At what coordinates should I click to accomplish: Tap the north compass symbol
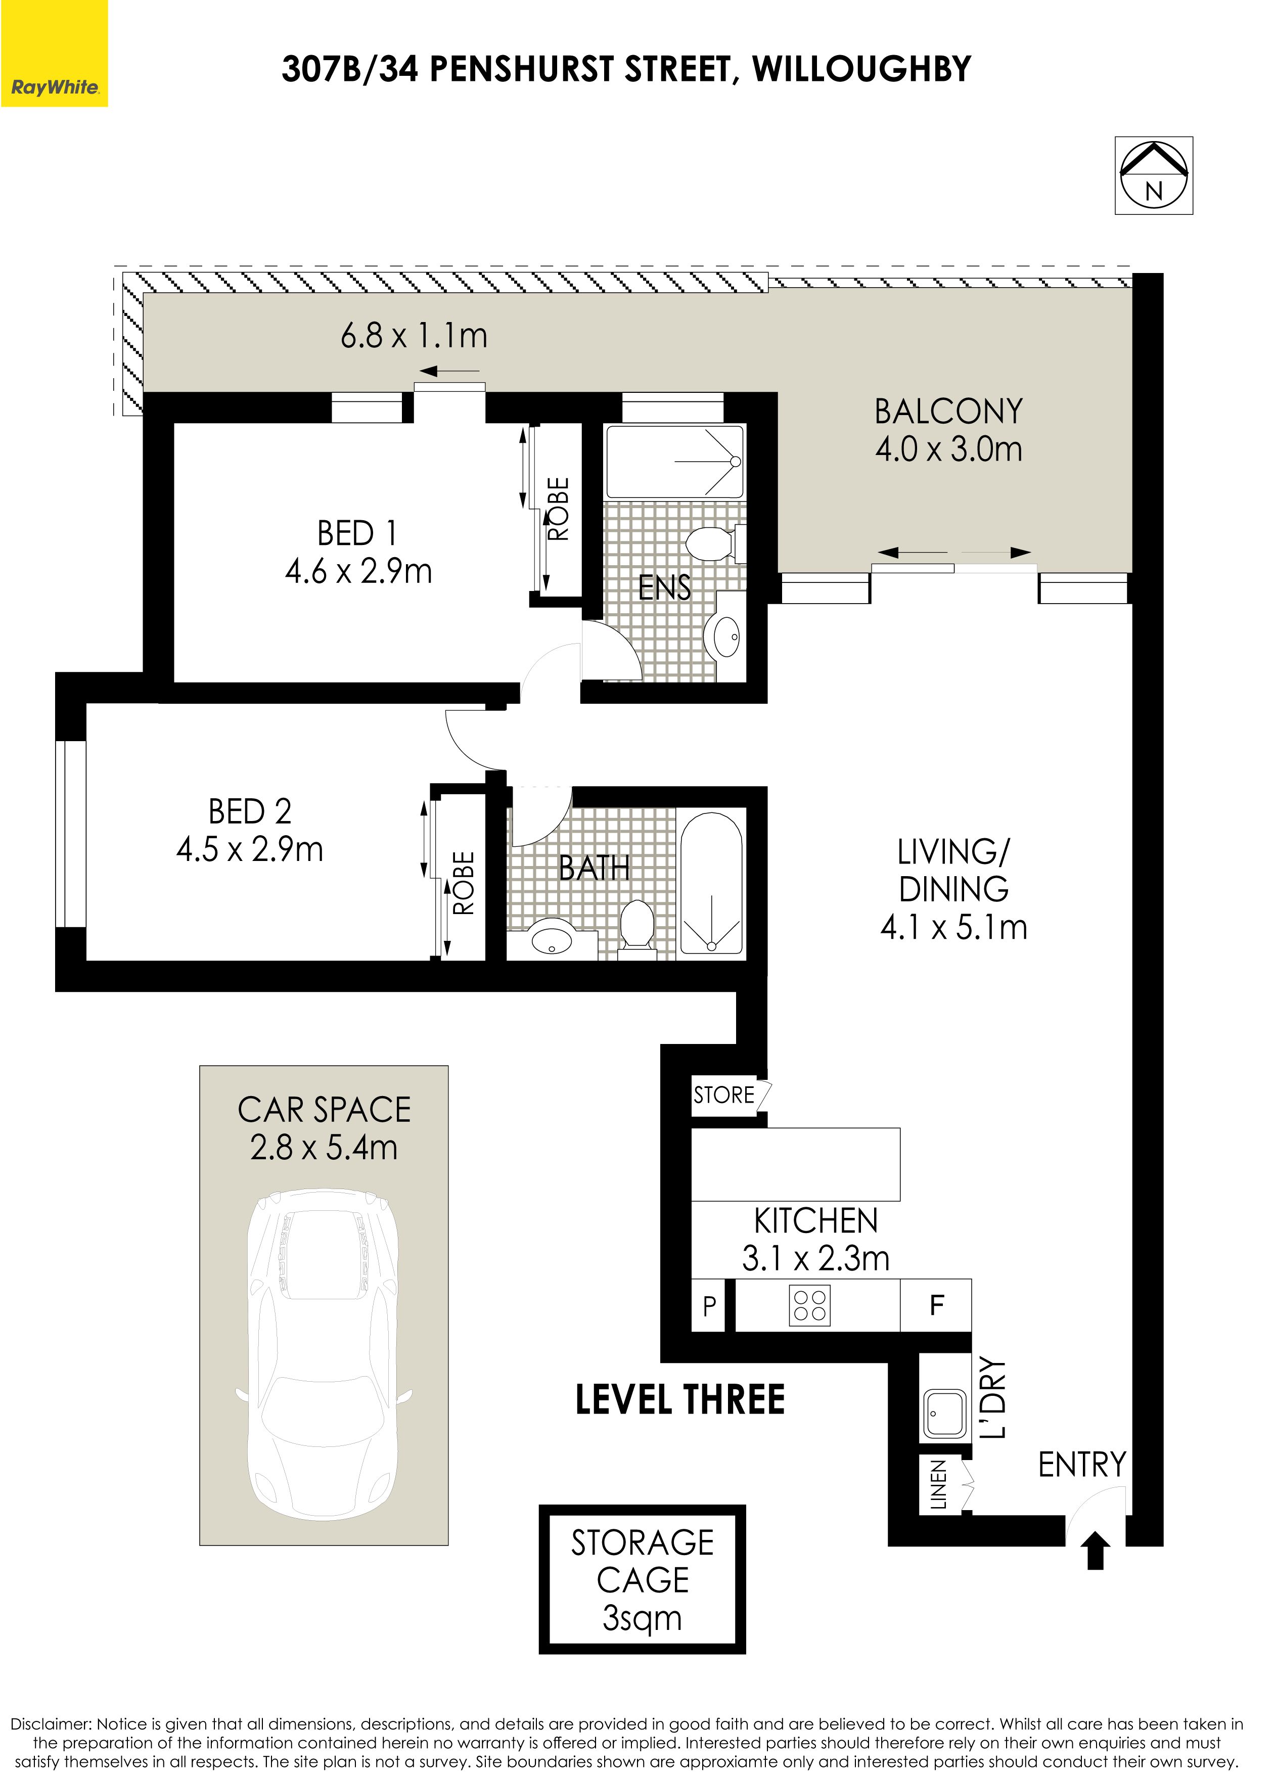pyautogui.click(x=1154, y=175)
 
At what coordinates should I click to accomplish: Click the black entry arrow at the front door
pyautogui.click(x=1096, y=1550)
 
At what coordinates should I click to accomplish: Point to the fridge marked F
pyautogui.click(x=936, y=1305)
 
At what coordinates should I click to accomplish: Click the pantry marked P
pyautogui.click(x=709, y=1305)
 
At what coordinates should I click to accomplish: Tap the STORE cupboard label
pyautogui.click(x=724, y=1095)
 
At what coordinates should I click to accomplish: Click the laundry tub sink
pyautogui.click(x=945, y=1414)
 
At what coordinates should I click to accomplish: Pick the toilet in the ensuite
pyautogui.click(x=714, y=543)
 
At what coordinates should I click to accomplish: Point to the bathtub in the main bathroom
pyautogui.click(x=711, y=883)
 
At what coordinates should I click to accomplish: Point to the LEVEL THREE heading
pyautogui.click(x=680, y=1399)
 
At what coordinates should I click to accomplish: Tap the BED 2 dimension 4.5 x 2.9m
pyautogui.click(x=250, y=849)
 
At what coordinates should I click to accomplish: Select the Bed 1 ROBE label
pyautogui.click(x=559, y=509)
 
